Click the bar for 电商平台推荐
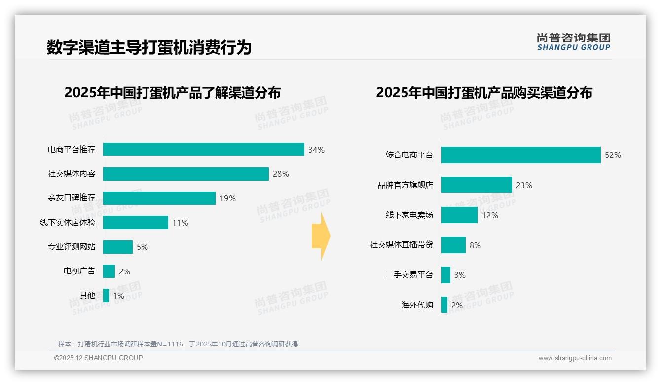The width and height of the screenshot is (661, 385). coord(203,150)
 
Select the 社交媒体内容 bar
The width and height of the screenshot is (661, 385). coord(185,174)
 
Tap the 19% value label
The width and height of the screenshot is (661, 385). coord(228,198)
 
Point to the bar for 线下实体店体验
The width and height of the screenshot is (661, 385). coord(135,223)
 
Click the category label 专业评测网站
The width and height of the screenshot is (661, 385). coord(72,247)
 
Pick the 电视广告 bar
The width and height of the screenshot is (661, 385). coord(109,271)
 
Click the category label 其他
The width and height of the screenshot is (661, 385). coord(87,296)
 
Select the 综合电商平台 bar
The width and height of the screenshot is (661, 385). coord(521,155)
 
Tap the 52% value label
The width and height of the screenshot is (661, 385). coord(613,155)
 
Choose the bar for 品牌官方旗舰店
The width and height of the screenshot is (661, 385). coord(477,185)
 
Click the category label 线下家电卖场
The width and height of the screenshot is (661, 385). coord(409,215)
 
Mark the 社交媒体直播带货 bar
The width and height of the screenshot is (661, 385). coord(453,245)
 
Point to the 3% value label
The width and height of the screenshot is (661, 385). coord(460,275)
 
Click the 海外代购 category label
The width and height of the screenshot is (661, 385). coord(417,305)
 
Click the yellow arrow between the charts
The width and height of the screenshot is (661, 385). coord(321,236)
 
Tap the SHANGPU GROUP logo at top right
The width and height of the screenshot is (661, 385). coord(573,41)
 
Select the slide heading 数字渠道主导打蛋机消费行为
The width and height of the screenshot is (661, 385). coord(149,47)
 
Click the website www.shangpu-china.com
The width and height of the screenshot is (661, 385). coord(575,358)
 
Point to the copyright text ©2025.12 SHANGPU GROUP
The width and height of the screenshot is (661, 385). coord(99,358)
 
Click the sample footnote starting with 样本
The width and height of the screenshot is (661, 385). coord(178,344)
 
